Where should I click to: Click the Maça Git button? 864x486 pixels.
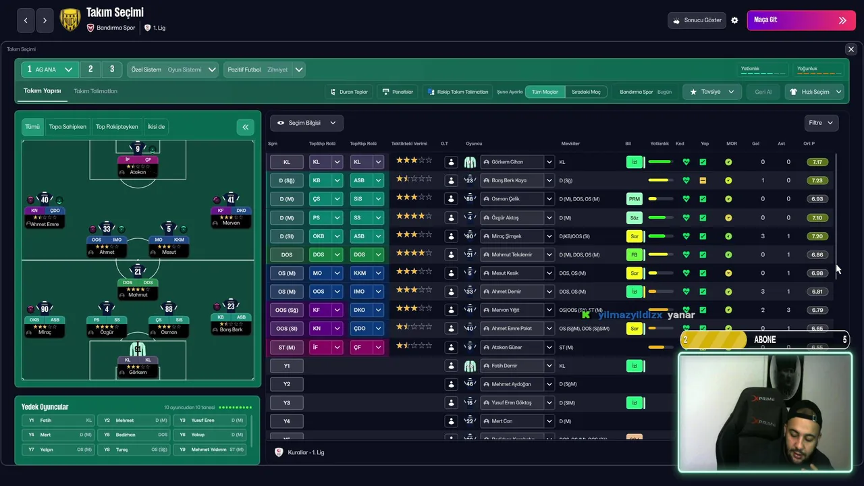coord(801,20)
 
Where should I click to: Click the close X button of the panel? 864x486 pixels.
coord(850,49)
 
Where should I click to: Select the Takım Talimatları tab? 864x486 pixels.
coord(95,91)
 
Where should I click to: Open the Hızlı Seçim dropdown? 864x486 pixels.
coord(815,92)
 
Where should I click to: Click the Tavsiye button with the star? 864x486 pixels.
coord(711,92)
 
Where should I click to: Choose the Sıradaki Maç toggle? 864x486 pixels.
coord(586,92)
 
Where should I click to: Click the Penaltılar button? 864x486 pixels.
coord(398,92)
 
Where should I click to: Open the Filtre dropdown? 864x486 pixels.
coord(821,123)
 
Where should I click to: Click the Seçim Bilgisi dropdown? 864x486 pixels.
coord(306,123)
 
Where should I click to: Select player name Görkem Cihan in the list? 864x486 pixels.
coord(508,162)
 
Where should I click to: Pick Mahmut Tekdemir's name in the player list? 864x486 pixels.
coord(512,254)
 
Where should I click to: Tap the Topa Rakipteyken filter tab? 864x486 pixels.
coord(117,127)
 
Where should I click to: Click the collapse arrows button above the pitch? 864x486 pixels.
coord(245,127)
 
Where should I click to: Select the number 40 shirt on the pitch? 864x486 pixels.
coord(45,200)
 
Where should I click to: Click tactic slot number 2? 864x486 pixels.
coord(90,70)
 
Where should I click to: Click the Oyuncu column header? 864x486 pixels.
coord(474,144)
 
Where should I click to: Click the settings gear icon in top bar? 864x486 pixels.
coord(734,20)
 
